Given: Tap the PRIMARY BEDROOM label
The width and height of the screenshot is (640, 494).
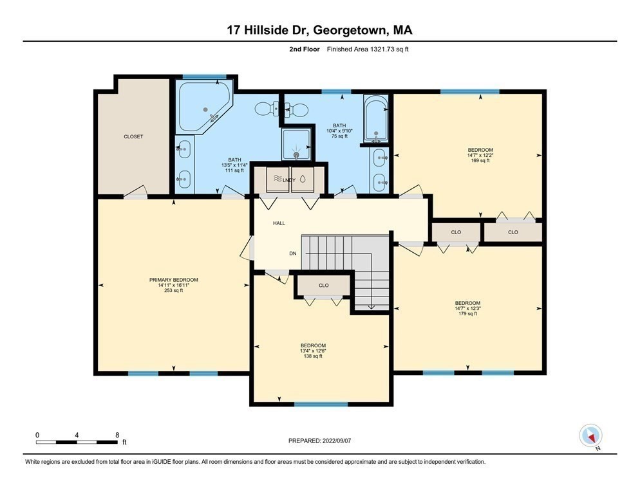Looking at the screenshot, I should pyautogui.click(x=173, y=280).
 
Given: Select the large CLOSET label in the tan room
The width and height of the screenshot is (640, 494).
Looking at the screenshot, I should pyautogui.click(x=133, y=137).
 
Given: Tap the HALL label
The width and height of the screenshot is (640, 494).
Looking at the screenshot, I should pyautogui.click(x=279, y=223).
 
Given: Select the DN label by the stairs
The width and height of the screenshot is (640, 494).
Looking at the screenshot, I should pyautogui.click(x=293, y=253).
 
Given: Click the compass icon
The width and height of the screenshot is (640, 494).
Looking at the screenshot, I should pyautogui.click(x=590, y=435).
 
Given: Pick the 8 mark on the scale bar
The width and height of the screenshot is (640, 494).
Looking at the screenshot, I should pyautogui.click(x=117, y=435).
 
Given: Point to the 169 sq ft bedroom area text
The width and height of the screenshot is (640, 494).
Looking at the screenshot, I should pyautogui.click(x=480, y=160).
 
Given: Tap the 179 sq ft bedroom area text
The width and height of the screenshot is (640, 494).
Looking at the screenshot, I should pyautogui.click(x=467, y=314).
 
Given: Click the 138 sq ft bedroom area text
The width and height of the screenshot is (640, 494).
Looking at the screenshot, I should pyautogui.click(x=313, y=356).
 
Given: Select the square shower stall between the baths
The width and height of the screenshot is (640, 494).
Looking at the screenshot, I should pyautogui.click(x=297, y=143).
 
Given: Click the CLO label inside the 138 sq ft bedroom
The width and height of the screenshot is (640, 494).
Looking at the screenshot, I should pyautogui.click(x=323, y=285).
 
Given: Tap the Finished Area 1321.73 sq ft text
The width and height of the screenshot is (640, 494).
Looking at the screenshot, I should pyautogui.click(x=368, y=49).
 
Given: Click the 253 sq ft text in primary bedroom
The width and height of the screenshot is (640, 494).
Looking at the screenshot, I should pyautogui.click(x=173, y=290).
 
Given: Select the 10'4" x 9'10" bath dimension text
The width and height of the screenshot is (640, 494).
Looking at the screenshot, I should pyautogui.click(x=339, y=131).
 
